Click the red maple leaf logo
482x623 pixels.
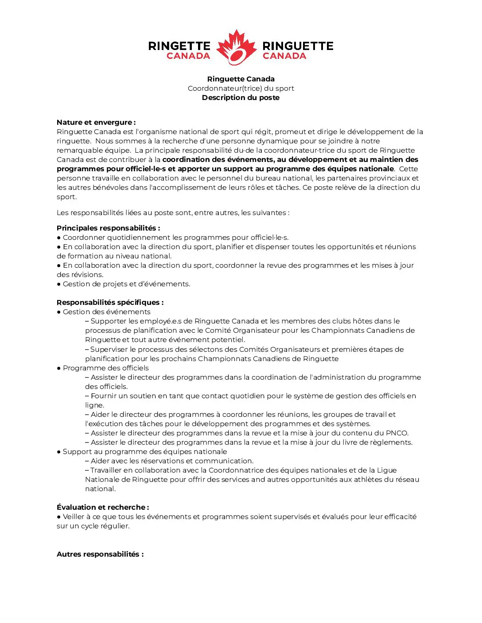[x=237, y=47]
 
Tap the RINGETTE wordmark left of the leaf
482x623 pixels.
[x=179, y=46]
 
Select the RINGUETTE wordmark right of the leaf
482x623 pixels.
[x=298, y=46]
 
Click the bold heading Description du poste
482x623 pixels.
[x=241, y=97]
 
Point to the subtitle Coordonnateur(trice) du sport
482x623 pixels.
[x=241, y=88]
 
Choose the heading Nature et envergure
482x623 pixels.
[x=96, y=122]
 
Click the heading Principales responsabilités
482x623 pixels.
[x=108, y=228]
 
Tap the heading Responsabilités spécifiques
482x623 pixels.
[x=110, y=302]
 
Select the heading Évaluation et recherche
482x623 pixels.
[x=103, y=507]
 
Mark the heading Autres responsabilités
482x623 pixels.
[x=100, y=554]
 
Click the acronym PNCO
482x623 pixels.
[x=396, y=433]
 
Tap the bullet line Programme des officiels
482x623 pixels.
[x=105, y=368]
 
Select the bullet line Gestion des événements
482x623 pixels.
[x=106, y=311]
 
